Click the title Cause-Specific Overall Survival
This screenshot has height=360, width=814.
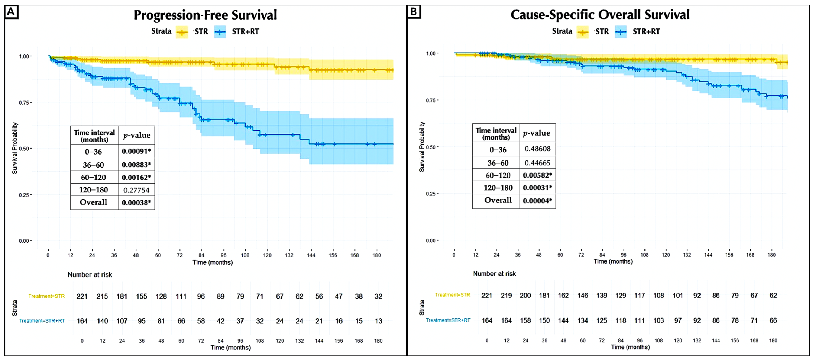point(600,14)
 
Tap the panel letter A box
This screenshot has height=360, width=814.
point(11,12)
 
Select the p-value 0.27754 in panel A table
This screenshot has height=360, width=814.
point(136,190)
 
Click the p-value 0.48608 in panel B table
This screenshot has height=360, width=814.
point(537,149)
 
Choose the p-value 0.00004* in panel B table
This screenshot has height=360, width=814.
point(537,201)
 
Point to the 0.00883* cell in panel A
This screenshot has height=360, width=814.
point(136,165)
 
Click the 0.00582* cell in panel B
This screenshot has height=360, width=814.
point(537,175)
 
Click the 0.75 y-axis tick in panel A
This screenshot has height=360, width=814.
point(25,102)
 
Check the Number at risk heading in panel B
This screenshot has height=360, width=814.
point(494,274)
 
